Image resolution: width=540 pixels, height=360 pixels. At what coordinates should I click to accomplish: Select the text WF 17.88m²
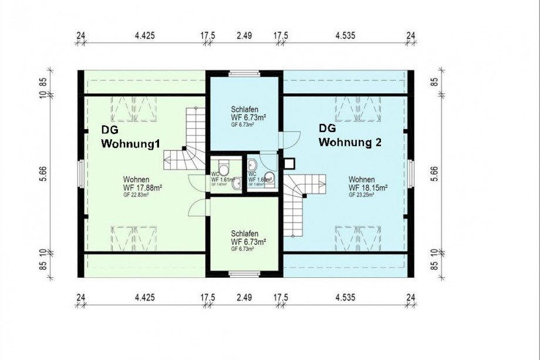[x=143, y=188]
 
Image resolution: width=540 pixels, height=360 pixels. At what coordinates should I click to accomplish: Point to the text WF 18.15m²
[x=368, y=188]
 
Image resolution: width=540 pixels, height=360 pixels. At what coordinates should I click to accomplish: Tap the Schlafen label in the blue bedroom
[x=244, y=109]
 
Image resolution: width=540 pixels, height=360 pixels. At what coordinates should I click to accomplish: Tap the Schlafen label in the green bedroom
[x=244, y=233]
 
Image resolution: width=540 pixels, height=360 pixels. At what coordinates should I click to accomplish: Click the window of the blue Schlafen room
[x=244, y=73]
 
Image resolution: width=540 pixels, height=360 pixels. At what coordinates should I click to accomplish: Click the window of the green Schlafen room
[x=244, y=274]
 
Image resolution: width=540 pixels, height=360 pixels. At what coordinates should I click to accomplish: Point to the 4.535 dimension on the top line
[x=345, y=36]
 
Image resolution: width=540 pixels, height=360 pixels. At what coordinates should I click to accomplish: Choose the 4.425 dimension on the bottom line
[x=144, y=298]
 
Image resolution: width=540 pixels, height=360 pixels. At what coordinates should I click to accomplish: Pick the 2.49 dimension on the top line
[x=244, y=36]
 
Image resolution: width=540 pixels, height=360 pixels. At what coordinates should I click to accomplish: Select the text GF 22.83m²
[x=136, y=195]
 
